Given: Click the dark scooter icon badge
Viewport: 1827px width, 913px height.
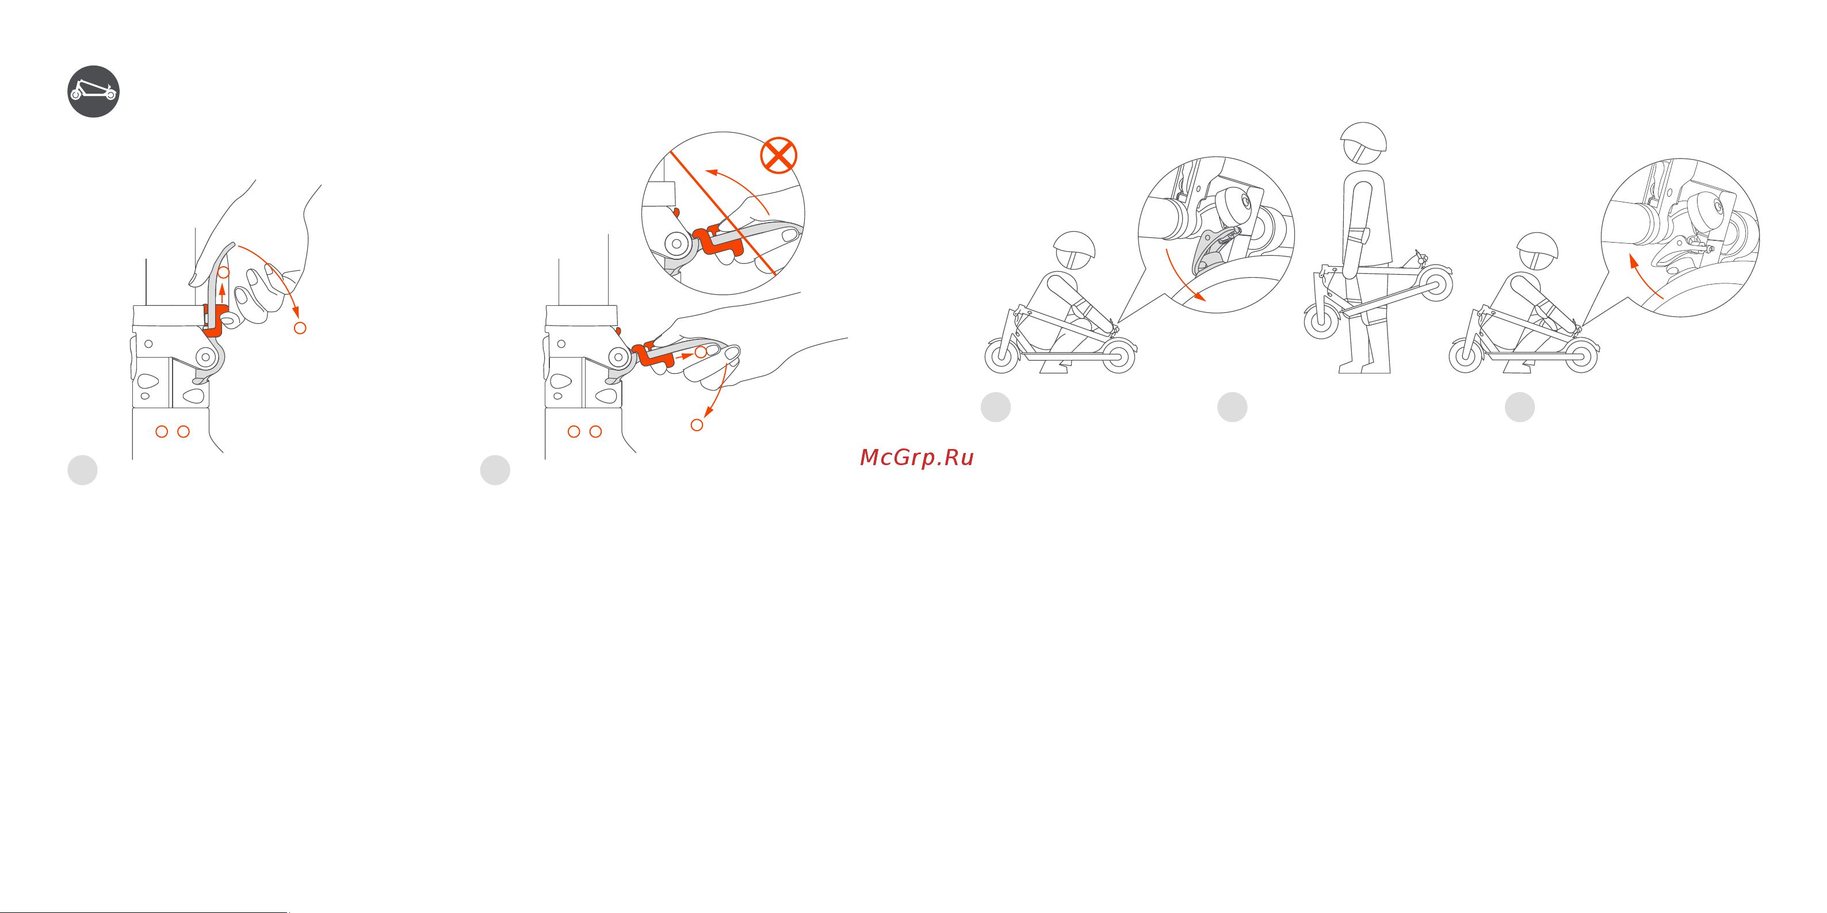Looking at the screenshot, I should click(93, 91).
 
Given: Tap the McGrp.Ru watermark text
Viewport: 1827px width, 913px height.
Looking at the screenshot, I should click(916, 457).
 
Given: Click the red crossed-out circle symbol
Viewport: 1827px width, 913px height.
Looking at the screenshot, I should click(778, 155).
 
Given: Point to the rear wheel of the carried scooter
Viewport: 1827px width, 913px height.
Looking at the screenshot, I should click(1435, 284).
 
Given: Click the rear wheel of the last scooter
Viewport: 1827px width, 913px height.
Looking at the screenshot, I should click(1580, 356).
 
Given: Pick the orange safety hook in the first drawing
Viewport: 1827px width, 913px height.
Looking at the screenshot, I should click(214, 320).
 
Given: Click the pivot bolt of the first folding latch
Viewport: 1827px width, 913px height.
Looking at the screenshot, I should click(206, 356).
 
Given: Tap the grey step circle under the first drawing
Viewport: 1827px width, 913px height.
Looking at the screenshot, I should click(82, 470).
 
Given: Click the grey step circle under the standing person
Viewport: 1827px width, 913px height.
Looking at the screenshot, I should click(1232, 407).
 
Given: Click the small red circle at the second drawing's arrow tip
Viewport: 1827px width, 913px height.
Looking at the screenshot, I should click(697, 425).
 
